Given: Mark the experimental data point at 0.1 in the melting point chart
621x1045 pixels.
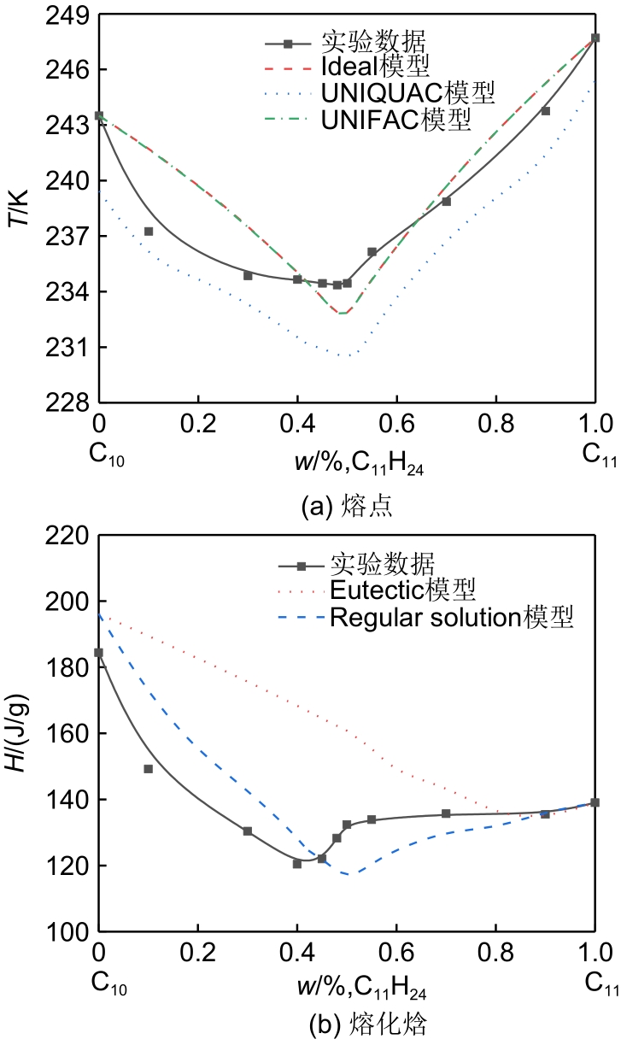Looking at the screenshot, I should [x=149, y=232].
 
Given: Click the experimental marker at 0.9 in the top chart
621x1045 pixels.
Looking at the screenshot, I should [x=545, y=111].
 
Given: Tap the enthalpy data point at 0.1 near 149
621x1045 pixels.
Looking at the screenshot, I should [x=149, y=769].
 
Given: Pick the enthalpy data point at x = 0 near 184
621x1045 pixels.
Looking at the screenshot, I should [x=99, y=653].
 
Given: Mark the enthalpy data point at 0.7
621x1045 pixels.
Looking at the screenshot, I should [x=446, y=813].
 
